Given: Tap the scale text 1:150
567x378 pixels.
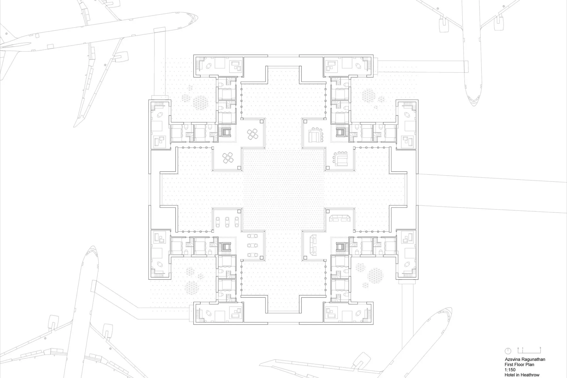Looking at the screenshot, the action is [x=510, y=370].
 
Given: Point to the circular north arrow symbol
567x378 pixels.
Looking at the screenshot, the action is [x=508, y=351].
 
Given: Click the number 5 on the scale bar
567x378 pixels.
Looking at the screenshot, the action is [x=540, y=348].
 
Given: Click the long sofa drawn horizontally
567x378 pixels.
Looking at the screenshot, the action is [x=340, y=219].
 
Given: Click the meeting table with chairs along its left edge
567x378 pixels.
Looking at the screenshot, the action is [x=341, y=158].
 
